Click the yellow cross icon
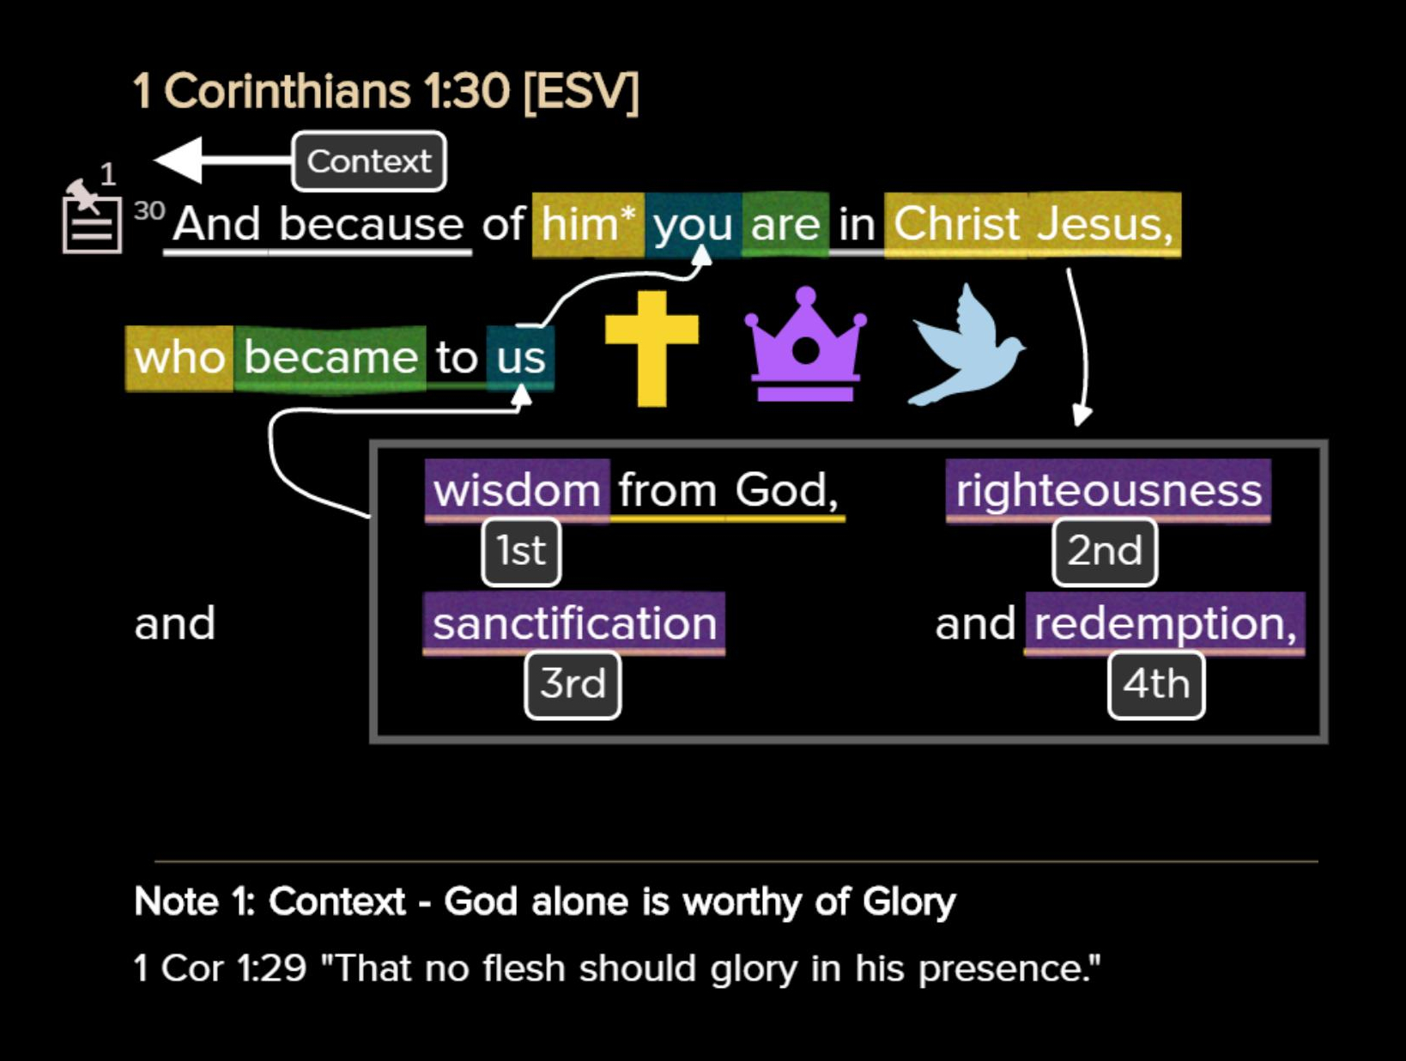651,347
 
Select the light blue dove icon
967,347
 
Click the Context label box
369,161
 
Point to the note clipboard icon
91,221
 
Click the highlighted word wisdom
517,491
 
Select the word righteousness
1108,491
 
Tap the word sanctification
574,623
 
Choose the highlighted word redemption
1165,623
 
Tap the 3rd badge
573,684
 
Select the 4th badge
1156,684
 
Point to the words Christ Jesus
1033,225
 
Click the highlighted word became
330,357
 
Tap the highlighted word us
520,357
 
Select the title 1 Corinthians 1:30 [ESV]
385,91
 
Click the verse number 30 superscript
149,210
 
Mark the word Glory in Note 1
909,902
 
